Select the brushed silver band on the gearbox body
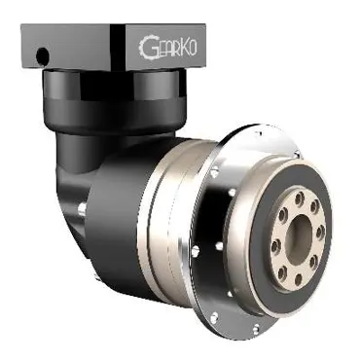pyautogui.click(x=165, y=209)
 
